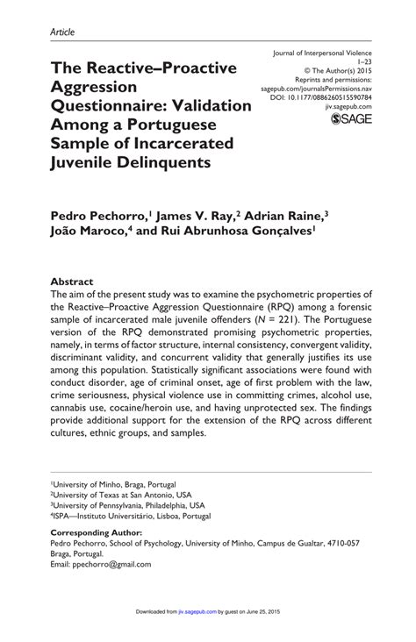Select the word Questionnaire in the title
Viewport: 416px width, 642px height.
pos(111,106)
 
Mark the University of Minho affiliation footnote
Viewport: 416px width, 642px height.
pos(113,483)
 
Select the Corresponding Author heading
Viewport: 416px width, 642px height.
pos(97,532)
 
